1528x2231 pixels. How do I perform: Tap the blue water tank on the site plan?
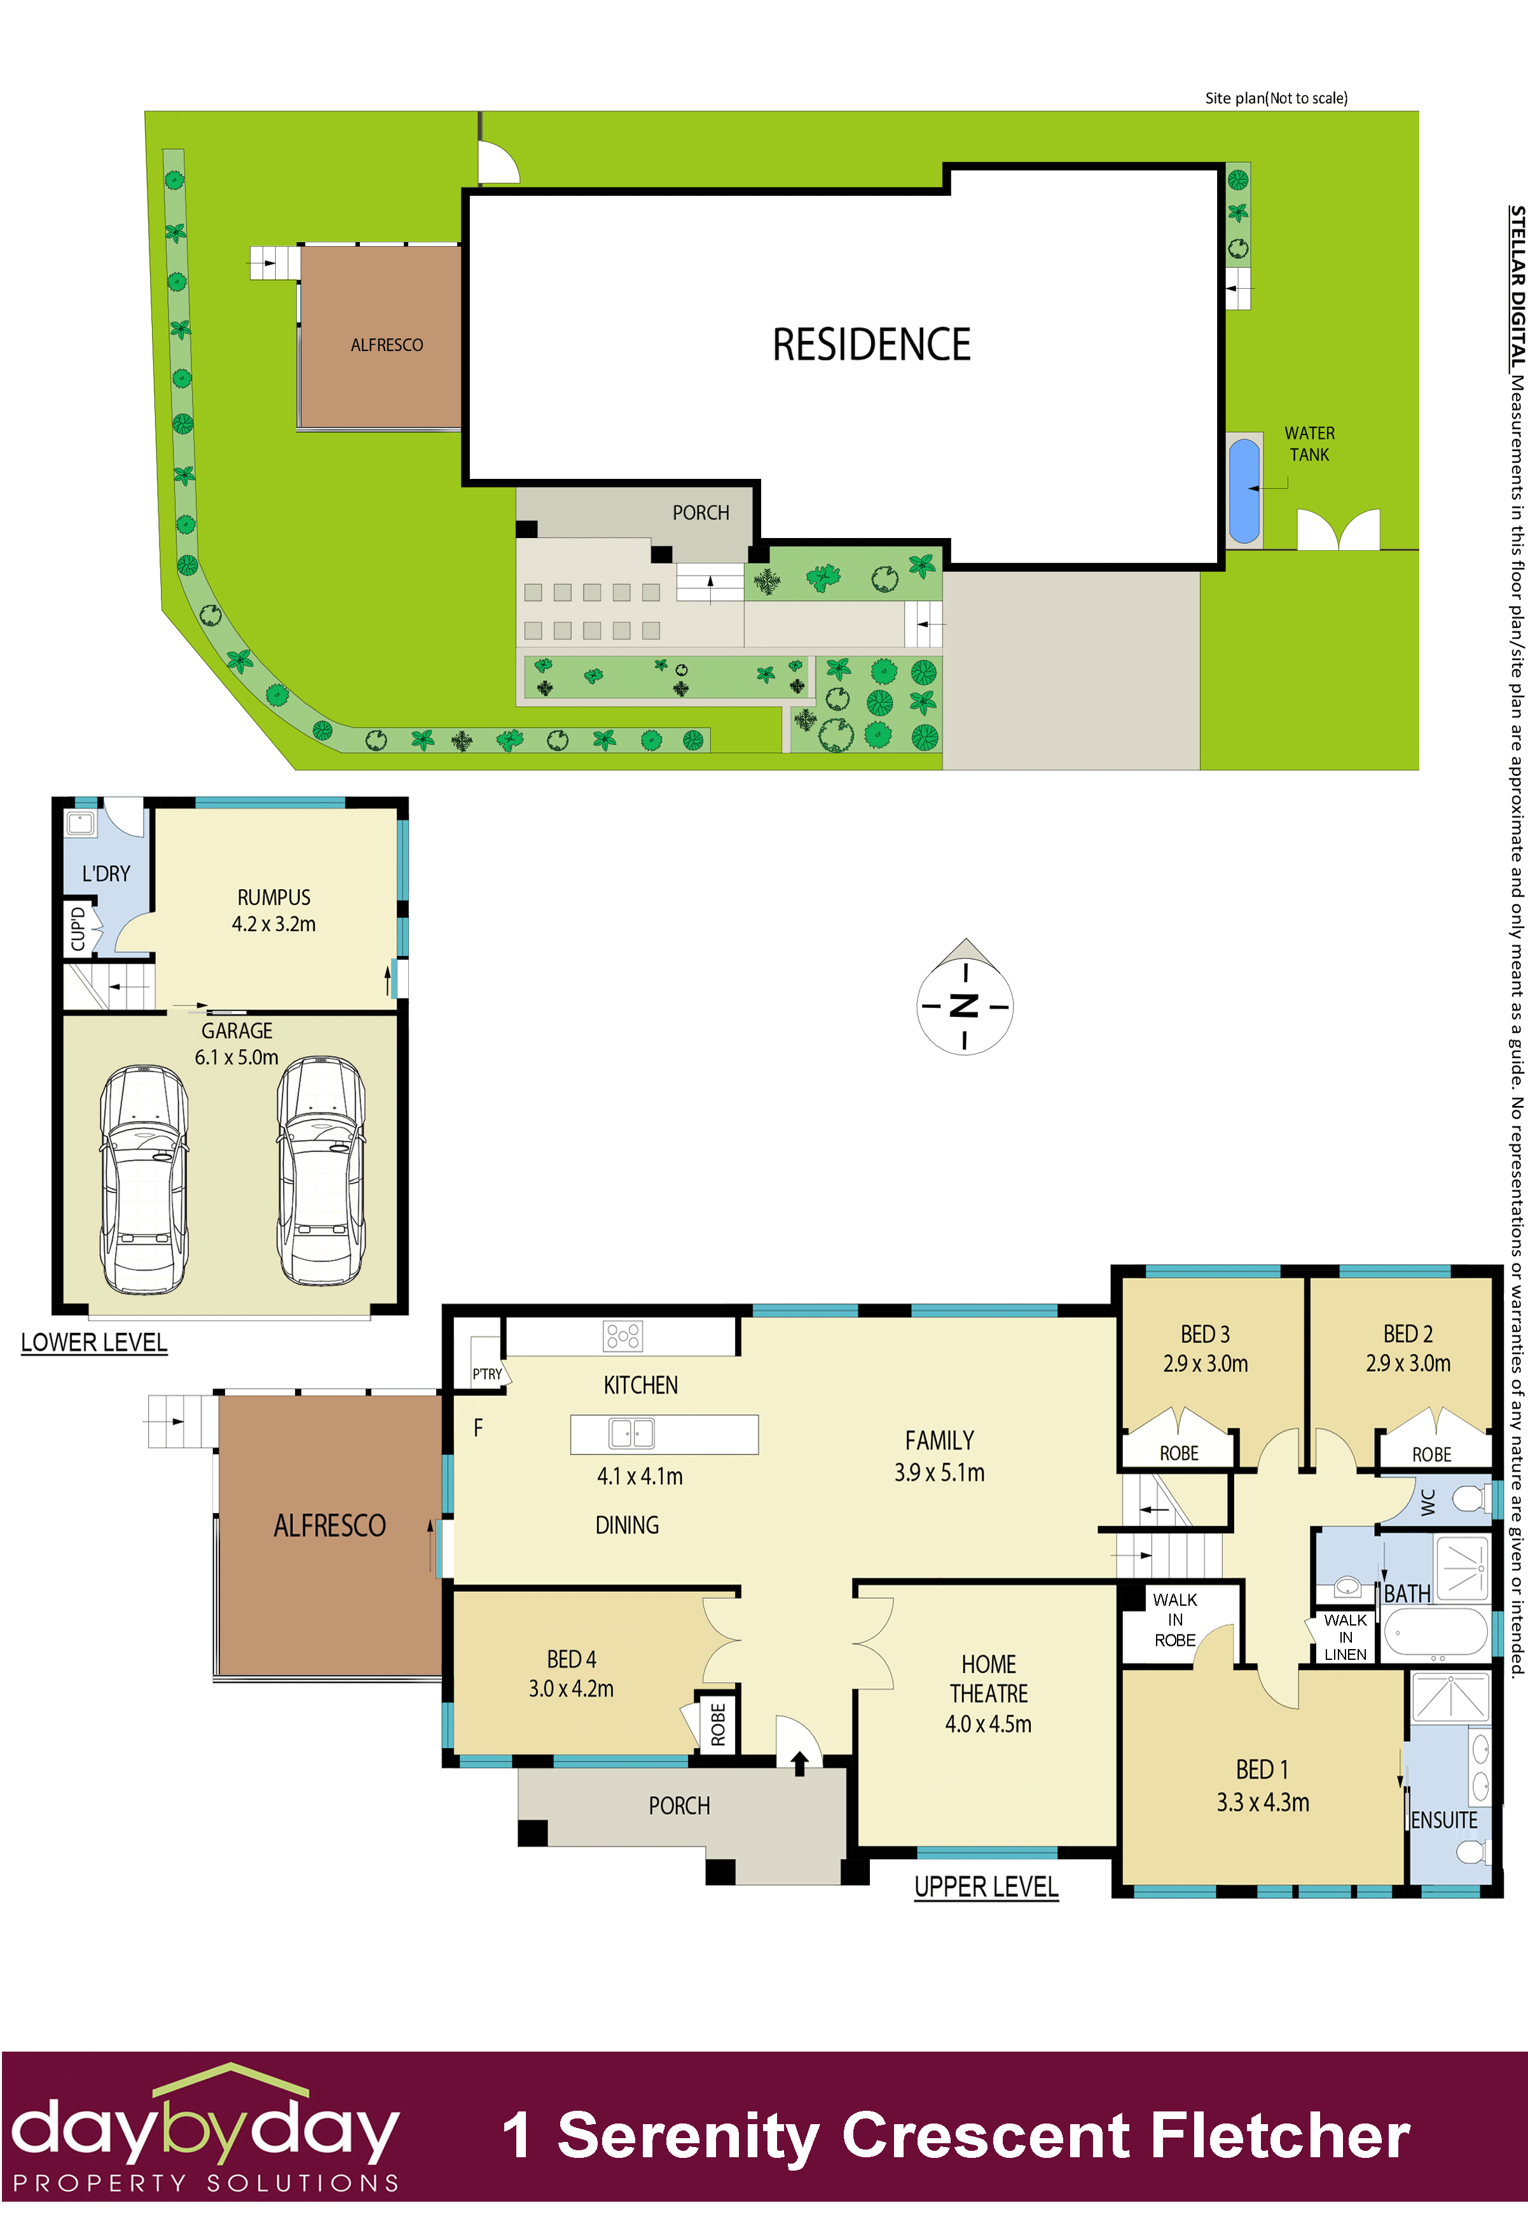coord(1243,490)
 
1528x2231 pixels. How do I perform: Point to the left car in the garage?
coord(144,1179)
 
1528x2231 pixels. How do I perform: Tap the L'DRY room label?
coord(106,874)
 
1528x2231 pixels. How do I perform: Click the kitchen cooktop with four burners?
coord(623,1336)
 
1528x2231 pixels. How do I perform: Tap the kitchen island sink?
coord(631,1433)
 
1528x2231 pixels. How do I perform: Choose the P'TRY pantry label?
coord(486,1374)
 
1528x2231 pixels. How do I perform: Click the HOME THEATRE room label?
coord(989,1679)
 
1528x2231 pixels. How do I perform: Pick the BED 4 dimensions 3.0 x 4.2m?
coord(571,1689)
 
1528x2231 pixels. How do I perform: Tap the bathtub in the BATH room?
coord(1436,1631)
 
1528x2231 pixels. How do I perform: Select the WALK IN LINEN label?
coord(1345,1637)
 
